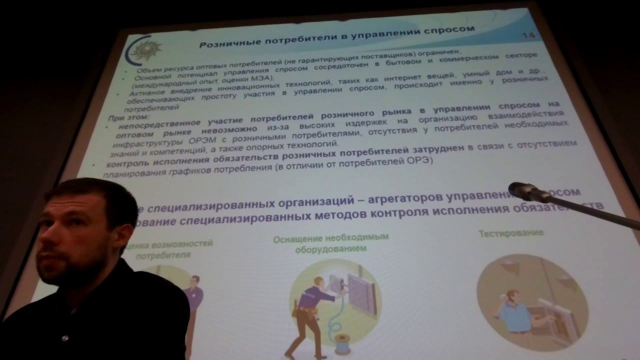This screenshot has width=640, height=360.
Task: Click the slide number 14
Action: [x=528, y=35]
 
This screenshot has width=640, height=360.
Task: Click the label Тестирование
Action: [x=510, y=233]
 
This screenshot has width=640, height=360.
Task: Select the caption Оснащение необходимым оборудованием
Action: [x=330, y=243]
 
